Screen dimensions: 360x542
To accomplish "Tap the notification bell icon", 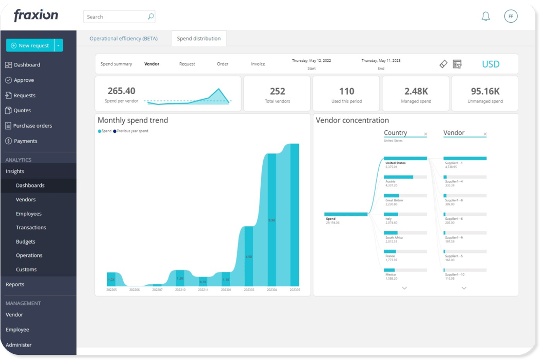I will click(x=485, y=16).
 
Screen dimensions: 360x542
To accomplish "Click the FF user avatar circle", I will click(x=511, y=16).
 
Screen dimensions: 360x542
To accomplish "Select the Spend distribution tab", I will click(x=198, y=39).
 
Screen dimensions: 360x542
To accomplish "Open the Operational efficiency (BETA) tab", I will click(x=124, y=39).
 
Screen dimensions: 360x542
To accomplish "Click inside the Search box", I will click(x=116, y=17).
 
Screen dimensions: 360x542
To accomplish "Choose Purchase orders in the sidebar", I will click(x=32, y=126).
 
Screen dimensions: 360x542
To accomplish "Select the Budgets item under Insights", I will click(x=26, y=242).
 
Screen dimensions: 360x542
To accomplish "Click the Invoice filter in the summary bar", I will click(x=258, y=64).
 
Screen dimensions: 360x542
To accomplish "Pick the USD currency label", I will click(x=490, y=64).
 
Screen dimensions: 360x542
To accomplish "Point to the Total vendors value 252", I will click(x=277, y=91).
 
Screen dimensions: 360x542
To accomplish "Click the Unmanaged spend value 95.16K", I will click(x=485, y=91).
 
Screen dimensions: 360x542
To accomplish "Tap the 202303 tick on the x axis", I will click(x=249, y=290).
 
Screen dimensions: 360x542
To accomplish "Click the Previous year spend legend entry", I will click(x=132, y=131).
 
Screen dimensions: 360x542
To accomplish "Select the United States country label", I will click(x=395, y=163).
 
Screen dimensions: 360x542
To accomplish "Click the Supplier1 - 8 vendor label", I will click(x=454, y=200).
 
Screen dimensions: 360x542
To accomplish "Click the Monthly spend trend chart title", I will click(x=133, y=121).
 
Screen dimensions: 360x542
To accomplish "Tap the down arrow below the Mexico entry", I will click(x=404, y=288).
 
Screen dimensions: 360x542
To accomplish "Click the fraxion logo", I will click(x=36, y=15).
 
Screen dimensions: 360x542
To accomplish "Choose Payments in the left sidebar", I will click(x=25, y=141).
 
